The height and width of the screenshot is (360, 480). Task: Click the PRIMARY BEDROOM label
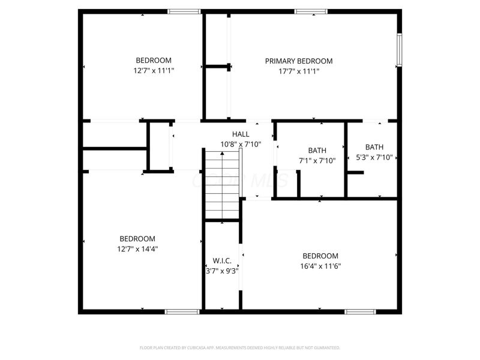[x=299, y=61]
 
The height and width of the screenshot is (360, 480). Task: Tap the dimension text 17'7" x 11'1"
[x=299, y=71]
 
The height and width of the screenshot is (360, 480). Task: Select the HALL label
[x=241, y=134]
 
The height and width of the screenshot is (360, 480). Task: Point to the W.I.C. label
[x=222, y=261]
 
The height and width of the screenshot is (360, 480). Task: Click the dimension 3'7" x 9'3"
[x=222, y=271]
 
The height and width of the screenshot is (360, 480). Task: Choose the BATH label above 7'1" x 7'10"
[x=317, y=151]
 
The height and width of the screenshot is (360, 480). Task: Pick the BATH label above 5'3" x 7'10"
[x=374, y=147]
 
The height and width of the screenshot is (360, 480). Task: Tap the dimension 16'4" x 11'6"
[x=320, y=266]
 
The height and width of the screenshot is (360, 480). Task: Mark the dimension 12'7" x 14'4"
[x=137, y=248]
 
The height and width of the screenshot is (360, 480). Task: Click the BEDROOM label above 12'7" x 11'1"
[x=154, y=61]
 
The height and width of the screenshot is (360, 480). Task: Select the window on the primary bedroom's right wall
[x=399, y=49]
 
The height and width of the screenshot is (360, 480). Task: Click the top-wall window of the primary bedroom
[x=311, y=11]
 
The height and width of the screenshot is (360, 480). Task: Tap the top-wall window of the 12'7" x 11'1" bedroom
[x=184, y=11]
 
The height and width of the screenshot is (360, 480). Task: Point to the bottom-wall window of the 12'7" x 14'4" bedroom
[x=182, y=311]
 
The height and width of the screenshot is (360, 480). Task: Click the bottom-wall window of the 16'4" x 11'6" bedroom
[x=360, y=311]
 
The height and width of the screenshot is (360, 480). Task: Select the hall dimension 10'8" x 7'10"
[x=241, y=144]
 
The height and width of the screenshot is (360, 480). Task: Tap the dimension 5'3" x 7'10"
[x=374, y=157]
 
